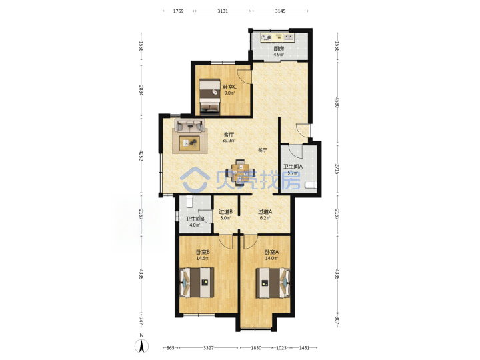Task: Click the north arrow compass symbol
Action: (x=142, y=346)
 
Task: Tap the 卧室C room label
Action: (x=229, y=87)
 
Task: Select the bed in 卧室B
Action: (x=197, y=283)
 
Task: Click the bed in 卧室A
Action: (x=273, y=283)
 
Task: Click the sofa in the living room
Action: (x=190, y=125)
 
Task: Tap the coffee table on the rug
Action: (x=189, y=143)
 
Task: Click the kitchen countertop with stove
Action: (x=277, y=37)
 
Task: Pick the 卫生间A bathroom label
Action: (x=293, y=167)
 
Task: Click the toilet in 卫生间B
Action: (x=189, y=201)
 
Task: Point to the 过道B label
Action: (x=225, y=211)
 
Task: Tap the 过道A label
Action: (x=265, y=211)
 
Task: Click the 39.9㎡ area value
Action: (x=229, y=141)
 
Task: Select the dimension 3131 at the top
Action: (x=223, y=11)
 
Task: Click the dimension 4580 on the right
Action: (x=337, y=103)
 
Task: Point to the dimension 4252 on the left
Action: (x=141, y=155)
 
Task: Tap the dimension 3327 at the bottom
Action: (x=209, y=348)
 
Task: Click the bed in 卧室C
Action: (x=210, y=97)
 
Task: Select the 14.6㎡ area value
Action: (x=203, y=258)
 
